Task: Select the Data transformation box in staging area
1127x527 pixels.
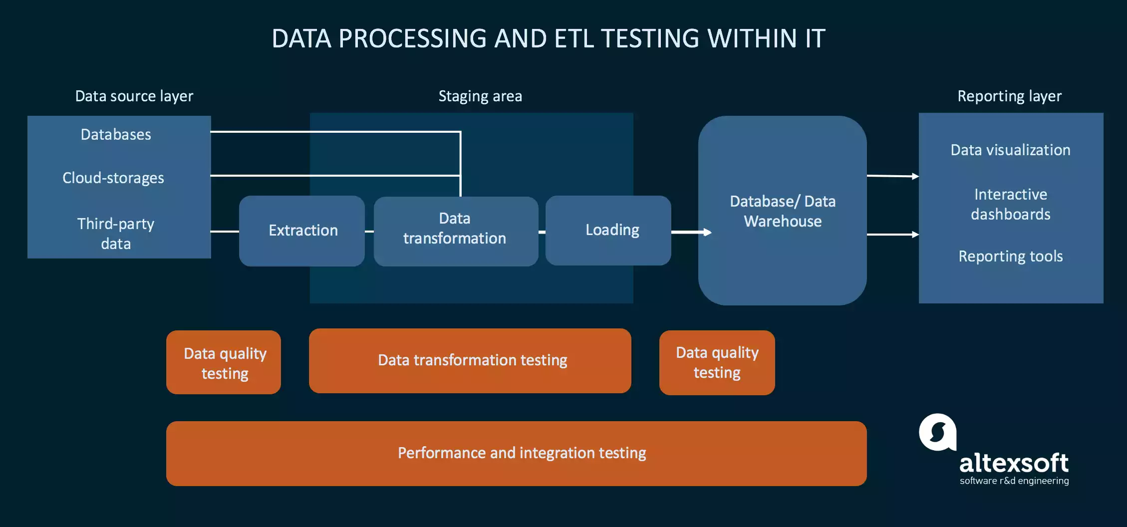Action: coord(455,231)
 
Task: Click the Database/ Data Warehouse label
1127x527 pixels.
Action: coord(782,211)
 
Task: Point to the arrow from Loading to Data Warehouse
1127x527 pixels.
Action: coord(691,232)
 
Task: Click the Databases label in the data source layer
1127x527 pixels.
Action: coord(116,135)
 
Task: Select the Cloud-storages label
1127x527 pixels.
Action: coord(113,178)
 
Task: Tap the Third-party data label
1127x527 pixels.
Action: coord(116,234)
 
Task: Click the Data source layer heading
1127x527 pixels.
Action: coord(134,96)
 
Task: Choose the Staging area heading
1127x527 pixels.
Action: coord(480,96)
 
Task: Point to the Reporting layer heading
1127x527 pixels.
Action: coord(1009,96)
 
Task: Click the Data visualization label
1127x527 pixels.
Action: coord(1010,150)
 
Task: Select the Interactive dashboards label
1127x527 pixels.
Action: coord(1010,204)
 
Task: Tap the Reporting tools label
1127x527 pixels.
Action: coord(1010,257)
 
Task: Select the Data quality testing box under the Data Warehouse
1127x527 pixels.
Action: coord(717,363)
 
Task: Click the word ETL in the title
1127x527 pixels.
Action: coord(574,38)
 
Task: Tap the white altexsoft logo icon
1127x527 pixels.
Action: coord(937,432)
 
